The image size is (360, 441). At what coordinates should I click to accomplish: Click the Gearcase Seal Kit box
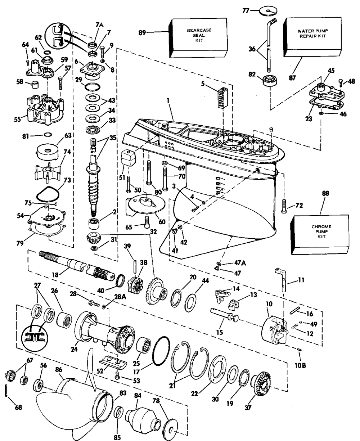point(199,38)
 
